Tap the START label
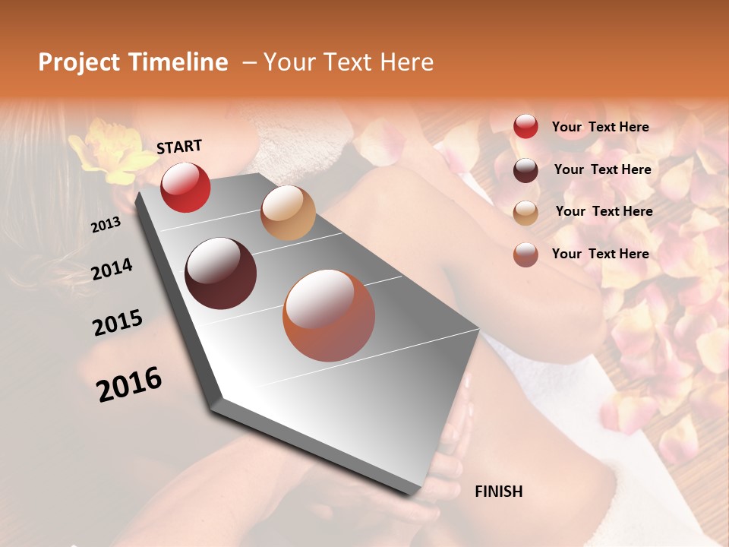click(x=179, y=147)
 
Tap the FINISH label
click(x=499, y=492)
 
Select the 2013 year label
click(x=106, y=225)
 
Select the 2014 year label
click(x=112, y=269)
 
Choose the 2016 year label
click(x=129, y=384)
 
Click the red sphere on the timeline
click(x=185, y=187)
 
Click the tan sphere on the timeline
click(x=288, y=213)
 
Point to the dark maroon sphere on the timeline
click(x=221, y=273)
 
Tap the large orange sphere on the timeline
click(x=329, y=315)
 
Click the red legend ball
click(x=525, y=127)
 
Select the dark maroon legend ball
click(x=525, y=170)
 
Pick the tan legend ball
click(x=525, y=213)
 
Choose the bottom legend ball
click(x=525, y=255)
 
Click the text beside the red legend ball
click(x=600, y=127)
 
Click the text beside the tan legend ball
click(x=604, y=211)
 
